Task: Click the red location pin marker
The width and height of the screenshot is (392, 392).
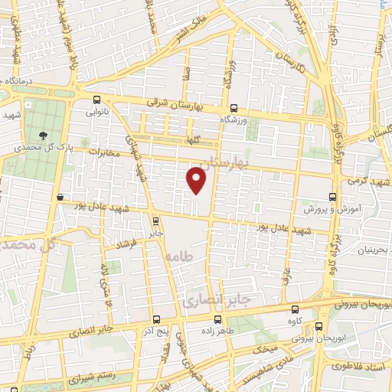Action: pyautogui.click(x=197, y=179)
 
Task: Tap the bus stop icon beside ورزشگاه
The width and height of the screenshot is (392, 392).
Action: pyautogui.click(x=233, y=109)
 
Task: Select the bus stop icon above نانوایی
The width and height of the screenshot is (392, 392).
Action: pyautogui.click(x=96, y=100)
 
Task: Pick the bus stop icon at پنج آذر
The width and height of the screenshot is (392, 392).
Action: pyautogui.click(x=156, y=319)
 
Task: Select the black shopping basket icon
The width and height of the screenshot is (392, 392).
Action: pyautogui.click(x=60, y=197)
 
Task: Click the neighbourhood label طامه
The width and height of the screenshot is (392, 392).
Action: pyautogui.click(x=178, y=256)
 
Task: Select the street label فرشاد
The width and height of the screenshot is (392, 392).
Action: pyautogui.click(x=126, y=245)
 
